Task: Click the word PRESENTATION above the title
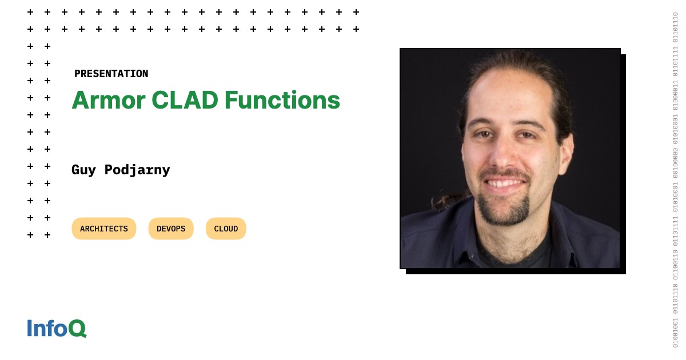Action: tap(111, 74)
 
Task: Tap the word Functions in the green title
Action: tap(282, 100)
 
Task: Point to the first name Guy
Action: tap(83, 170)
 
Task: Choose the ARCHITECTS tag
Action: tap(104, 229)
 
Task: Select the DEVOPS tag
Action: tap(171, 229)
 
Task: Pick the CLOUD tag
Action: tap(226, 229)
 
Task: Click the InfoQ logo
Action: tap(57, 328)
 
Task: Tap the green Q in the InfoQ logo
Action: tap(77, 329)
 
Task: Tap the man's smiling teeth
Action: tap(504, 183)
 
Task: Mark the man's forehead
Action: tap(503, 97)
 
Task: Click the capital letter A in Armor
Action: tap(81, 100)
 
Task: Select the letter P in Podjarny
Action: tap(109, 170)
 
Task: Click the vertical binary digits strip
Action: tap(675, 180)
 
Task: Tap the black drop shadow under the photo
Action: tap(514, 271)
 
